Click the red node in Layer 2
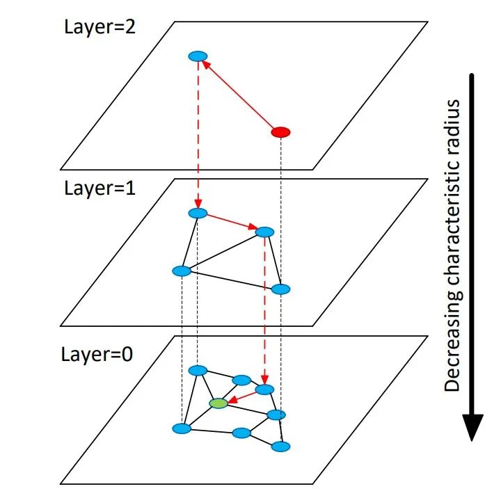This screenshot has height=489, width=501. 280,131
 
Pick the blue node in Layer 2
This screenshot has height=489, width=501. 198,56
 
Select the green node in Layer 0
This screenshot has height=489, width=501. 218,403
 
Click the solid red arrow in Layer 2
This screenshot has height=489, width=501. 239,94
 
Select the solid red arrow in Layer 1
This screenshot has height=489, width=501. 231,222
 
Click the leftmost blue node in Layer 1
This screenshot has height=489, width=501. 182,271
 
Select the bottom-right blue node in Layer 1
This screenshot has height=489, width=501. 280,289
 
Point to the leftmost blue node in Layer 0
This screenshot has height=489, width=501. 182,428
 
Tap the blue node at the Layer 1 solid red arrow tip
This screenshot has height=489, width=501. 264,232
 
